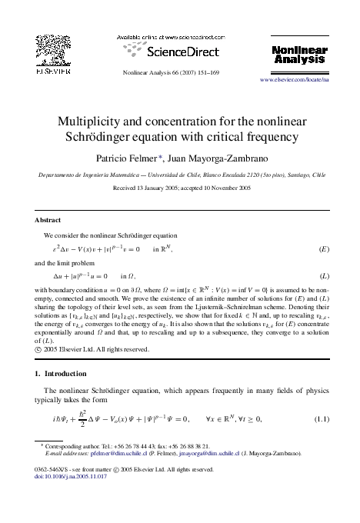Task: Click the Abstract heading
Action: pyautogui.click(x=50, y=219)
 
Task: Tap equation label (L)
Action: pyautogui.click(x=324, y=275)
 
